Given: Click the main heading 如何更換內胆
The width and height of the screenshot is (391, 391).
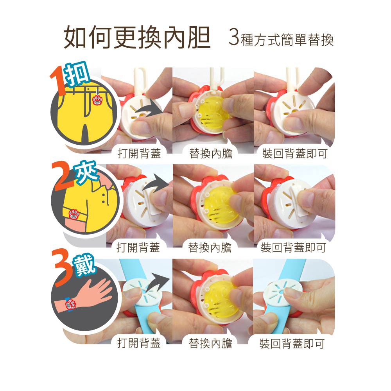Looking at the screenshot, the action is pos(137,38).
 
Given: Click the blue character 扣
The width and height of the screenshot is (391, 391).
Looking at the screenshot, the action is pos(77,74).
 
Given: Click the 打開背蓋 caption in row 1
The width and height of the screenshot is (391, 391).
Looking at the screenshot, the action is pos(139,153).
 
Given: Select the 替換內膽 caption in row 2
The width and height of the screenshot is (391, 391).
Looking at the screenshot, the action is pos(210,248).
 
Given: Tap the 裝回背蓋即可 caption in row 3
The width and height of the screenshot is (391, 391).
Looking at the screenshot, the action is pos(292,344).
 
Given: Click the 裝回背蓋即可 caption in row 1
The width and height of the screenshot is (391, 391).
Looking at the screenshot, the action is pos(295,153).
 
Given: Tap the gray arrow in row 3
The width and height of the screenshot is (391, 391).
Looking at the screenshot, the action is pos(157,283).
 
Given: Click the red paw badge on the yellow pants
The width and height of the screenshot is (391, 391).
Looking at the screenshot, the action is pos(97,100).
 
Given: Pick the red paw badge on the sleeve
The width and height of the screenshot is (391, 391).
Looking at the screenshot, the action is pos(74,214).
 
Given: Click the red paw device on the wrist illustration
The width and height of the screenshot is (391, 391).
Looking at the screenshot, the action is pos(71,305).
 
